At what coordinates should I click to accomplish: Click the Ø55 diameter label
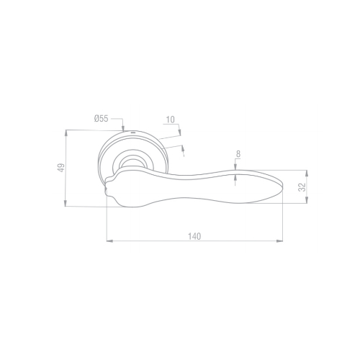pos(101,119)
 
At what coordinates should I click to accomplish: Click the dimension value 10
pos(171,120)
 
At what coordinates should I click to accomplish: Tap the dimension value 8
pos(238,154)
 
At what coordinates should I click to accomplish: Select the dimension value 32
pos(303,187)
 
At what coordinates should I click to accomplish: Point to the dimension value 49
pos(61,168)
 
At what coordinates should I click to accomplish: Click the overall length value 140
pos(194,236)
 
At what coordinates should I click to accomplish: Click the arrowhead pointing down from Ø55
pos(123,128)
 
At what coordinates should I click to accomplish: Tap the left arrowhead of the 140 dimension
pos(109,240)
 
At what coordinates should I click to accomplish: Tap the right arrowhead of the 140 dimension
pos(279,240)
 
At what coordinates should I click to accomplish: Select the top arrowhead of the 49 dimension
pos(66,133)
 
